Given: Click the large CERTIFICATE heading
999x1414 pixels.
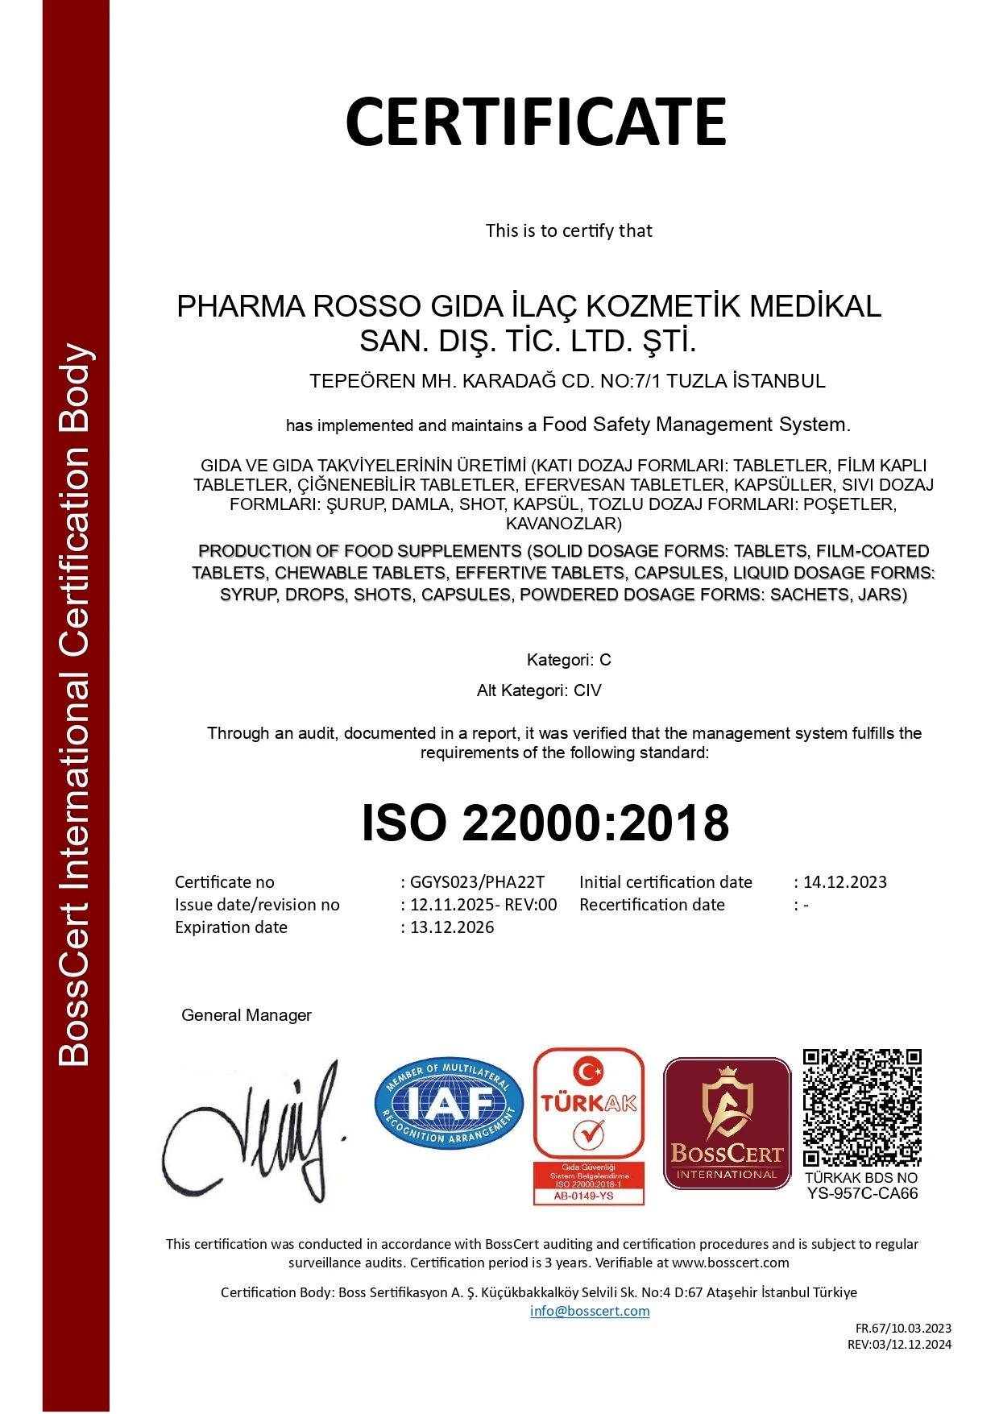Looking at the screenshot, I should pyautogui.click(x=536, y=122).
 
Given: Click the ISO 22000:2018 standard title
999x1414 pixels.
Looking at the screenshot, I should pyautogui.click(x=545, y=823).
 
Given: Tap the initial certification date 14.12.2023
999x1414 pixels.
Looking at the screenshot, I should pyautogui.click(x=844, y=882).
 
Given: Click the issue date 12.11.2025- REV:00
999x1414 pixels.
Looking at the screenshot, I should pyautogui.click(x=483, y=905).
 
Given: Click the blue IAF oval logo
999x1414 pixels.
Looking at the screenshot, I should pyautogui.click(x=449, y=1103).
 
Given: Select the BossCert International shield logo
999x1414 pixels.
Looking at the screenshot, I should pyautogui.click(x=727, y=1123).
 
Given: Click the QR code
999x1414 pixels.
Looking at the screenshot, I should pyautogui.click(x=862, y=1107).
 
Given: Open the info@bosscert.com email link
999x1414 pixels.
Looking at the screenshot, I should pyautogui.click(x=590, y=1311).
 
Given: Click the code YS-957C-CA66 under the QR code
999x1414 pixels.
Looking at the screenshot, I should pyautogui.click(x=862, y=1193).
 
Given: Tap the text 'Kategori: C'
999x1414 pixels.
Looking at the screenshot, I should pyautogui.click(x=569, y=660).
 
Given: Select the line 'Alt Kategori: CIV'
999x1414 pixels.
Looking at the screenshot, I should pyautogui.click(x=539, y=690).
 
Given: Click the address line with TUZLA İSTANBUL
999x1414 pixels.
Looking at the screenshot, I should pyautogui.click(x=567, y=381).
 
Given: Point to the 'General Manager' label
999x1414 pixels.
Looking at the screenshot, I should pyautogui.click(x=247, y=1015).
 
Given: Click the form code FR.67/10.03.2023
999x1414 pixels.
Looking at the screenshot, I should pyautogui.click(x=903, y=1328).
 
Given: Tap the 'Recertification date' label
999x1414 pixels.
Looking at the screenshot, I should pyautogui.click(x=652, y=905).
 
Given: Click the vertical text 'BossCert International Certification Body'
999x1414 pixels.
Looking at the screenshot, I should pyautogui.click(x=74, y=705).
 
